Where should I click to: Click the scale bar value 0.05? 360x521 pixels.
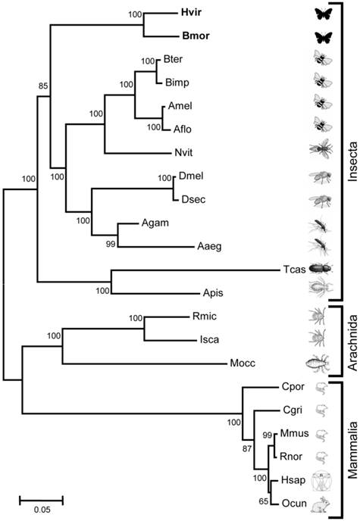[x=42, y=510]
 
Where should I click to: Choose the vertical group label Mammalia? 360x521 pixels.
[x=350, y=452]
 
